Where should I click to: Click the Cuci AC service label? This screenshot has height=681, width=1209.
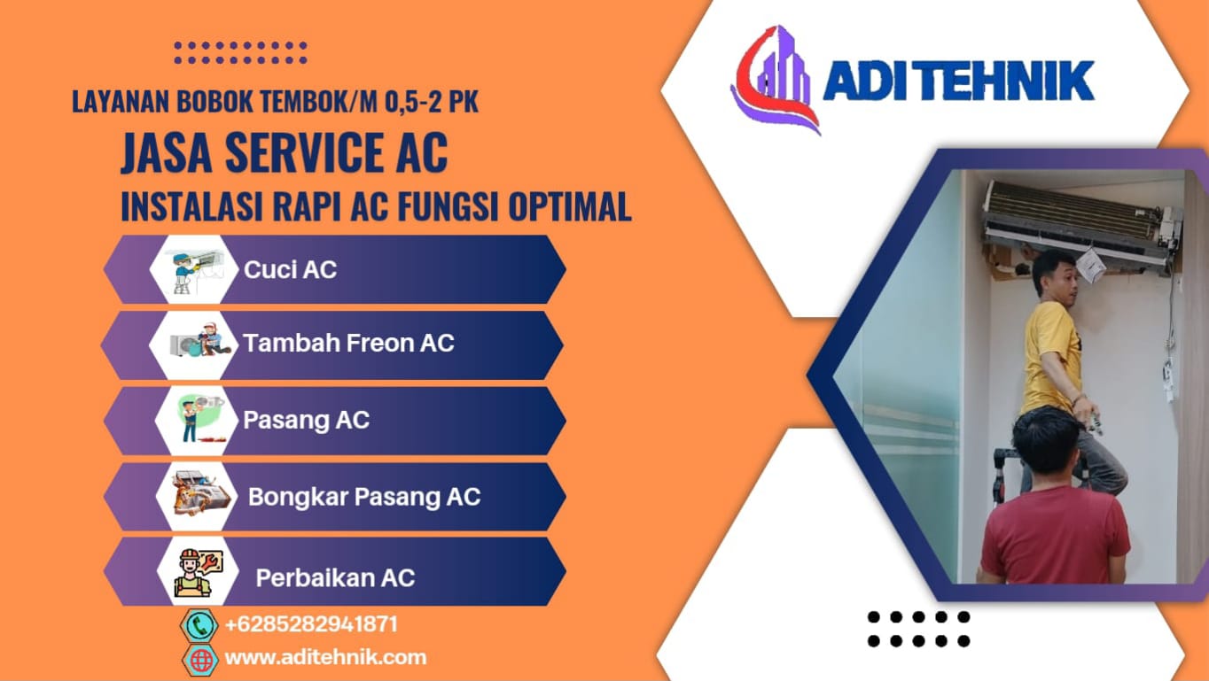point(290,269)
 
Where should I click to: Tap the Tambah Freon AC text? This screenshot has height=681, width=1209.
point(348,343)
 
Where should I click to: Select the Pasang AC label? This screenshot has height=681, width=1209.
point(306,420)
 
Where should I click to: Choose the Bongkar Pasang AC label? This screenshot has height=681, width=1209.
point(364,497)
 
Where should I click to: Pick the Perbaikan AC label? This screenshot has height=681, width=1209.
point(335,577)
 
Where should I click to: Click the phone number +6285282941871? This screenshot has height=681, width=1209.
point(311,624)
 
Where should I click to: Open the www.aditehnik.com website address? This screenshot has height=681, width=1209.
point(325,657)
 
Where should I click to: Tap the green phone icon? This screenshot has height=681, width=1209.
point(199,625)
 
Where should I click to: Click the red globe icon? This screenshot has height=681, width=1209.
point(201,660)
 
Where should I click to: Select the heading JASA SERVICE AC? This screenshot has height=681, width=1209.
point(285,152)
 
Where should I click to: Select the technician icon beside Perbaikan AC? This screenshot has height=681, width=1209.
point(198,573)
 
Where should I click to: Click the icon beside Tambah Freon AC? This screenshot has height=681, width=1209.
point(199,340)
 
